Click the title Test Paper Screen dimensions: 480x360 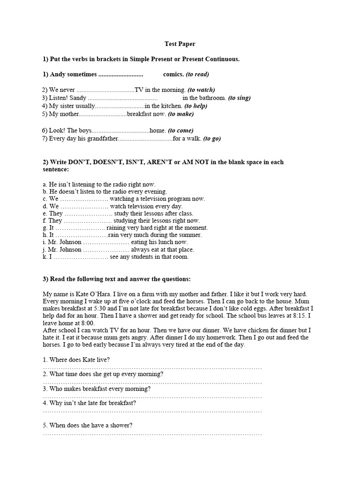point(180,44)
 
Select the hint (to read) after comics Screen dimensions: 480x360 point(197,74)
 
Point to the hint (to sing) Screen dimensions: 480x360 point(239,98)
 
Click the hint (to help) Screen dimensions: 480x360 point(196,106)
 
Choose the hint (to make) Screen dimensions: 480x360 point(180,114)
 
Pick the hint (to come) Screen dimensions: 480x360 point(180,131)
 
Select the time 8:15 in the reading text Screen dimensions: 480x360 point(306,315)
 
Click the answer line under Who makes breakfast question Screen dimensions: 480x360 point(152,397)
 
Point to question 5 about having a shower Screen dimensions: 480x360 point(88,426)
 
